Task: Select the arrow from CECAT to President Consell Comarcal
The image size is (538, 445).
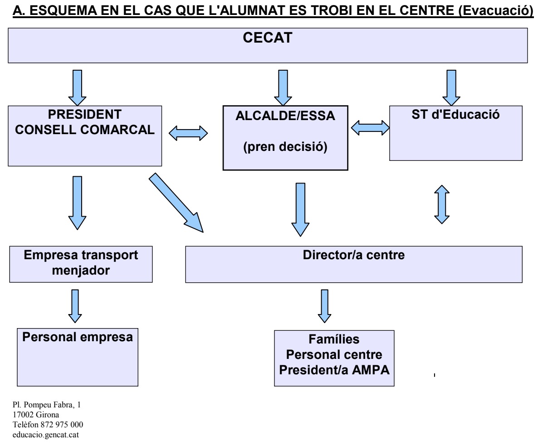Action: click(x=77, y=87)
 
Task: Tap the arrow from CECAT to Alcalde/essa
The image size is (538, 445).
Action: click(x=283, y=87)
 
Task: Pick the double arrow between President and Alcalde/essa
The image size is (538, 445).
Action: click(x=188, y=133)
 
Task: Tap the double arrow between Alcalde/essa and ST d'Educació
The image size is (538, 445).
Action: click(x=370, y=128)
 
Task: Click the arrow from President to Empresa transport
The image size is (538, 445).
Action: click(x=78, y=202)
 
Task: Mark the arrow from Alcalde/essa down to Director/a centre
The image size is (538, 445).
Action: click(x=300, y=209)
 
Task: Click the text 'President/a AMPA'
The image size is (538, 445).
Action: click(x=334, y=369)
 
